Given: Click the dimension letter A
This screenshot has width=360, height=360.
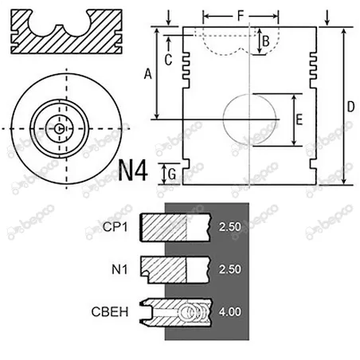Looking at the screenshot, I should click(147, 74).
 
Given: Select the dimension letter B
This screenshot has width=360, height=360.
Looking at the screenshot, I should click(266, 40).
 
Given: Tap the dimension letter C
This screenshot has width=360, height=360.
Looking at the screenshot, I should click(168, 59).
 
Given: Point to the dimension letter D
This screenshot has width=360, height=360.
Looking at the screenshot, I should click(350, 106).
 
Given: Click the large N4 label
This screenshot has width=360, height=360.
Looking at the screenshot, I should click(135, 170).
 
